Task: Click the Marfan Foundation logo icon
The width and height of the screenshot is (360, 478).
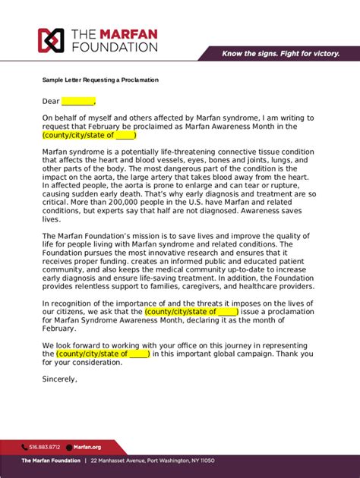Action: (52, 40)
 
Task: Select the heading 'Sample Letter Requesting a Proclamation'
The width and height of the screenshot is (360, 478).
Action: (100, 80)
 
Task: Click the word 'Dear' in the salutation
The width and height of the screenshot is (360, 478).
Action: (50, 101)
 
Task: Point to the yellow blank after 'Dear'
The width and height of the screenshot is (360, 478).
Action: (77, 101)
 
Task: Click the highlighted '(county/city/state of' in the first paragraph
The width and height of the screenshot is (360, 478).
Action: (79, 135)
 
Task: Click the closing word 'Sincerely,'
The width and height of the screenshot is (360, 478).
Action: (60, 379)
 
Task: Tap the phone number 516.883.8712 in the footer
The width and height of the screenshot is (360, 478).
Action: (45, 448)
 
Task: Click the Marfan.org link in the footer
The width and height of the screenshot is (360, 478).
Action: (88, 448)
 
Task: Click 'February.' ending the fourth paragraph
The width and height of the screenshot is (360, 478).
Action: (59, 328)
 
